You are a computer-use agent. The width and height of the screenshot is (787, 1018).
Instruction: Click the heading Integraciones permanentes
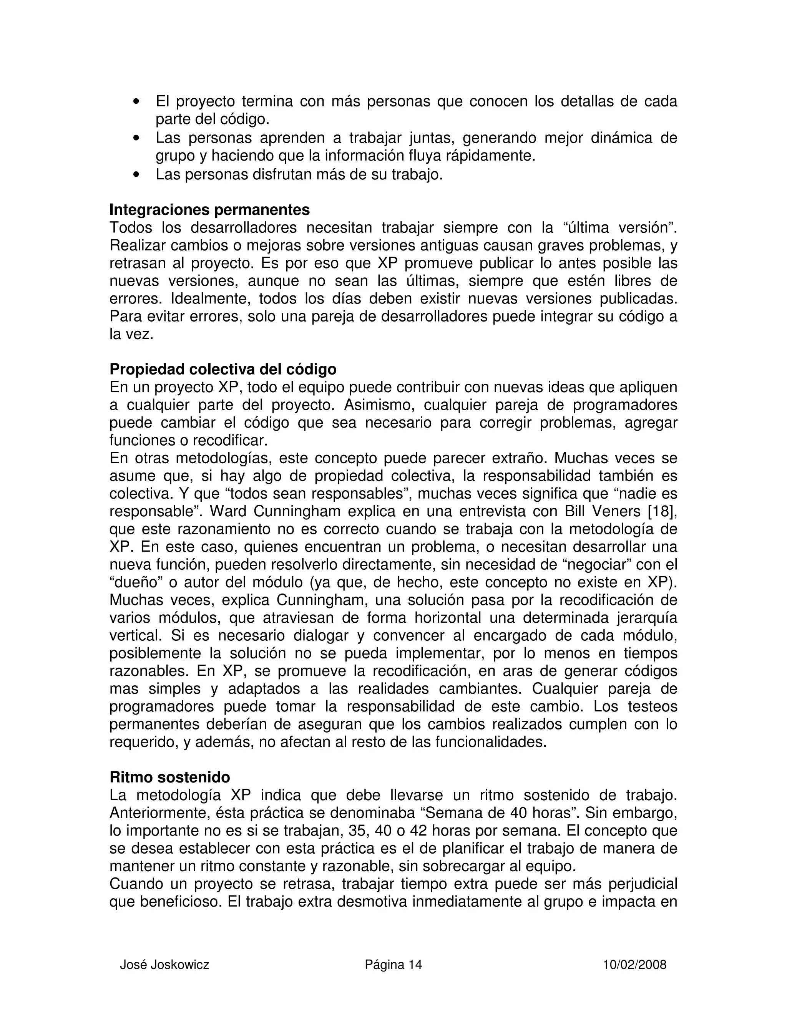tap(209, 210)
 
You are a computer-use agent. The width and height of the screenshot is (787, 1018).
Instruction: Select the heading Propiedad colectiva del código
tap(223, 369)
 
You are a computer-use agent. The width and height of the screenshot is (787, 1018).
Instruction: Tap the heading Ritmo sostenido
tap(170, 777)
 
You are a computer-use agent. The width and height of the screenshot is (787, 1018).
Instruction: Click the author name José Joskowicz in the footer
tap(164, 965)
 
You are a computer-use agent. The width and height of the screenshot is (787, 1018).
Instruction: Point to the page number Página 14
tap(393, 965)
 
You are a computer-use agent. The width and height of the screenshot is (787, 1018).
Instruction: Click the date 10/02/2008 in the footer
tap(634, 965)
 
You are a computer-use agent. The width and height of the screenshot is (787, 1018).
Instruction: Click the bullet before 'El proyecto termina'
tap(136, 102)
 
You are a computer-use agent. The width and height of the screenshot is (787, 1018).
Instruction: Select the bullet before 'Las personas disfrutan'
tap(136, 175)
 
